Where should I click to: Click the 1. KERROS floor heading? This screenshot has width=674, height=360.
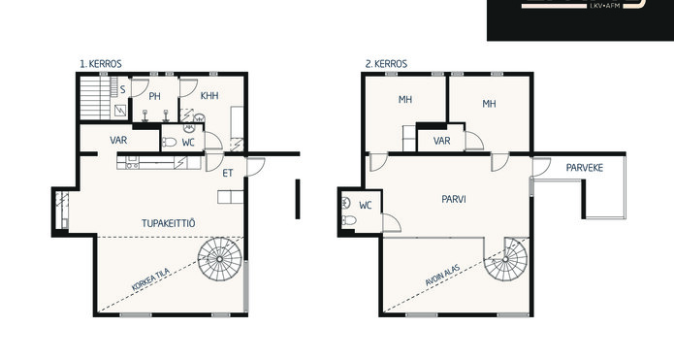(101, 64)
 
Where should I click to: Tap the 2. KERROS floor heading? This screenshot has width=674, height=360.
(386, 64)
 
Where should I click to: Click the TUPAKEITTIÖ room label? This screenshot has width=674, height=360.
(169, 223)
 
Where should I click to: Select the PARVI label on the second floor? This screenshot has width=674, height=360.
(454, 199)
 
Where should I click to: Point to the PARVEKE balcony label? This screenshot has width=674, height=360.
(585, 168)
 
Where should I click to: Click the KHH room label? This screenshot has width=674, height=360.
(209, 95)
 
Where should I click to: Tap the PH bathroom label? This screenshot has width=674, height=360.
(154, 96)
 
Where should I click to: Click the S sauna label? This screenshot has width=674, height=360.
(123, 90)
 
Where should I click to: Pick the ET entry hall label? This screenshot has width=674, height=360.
(227, 173)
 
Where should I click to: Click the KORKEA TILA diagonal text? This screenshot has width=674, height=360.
(150, 279)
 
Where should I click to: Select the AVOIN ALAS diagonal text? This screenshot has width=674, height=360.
(442, 276)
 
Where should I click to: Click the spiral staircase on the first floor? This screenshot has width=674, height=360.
(219, 259)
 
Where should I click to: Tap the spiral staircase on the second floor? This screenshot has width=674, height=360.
(505, 259)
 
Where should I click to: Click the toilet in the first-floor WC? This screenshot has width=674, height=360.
(169, 142)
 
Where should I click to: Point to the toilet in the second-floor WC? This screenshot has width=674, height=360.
(348, 220)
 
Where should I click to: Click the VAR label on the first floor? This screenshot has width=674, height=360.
(118, 140)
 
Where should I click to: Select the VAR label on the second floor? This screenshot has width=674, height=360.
(442, 141)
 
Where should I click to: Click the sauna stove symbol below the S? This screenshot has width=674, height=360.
(120, 112)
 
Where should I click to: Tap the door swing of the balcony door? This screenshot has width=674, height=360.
(542, 167)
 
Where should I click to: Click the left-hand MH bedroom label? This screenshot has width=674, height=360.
(405, 100)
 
